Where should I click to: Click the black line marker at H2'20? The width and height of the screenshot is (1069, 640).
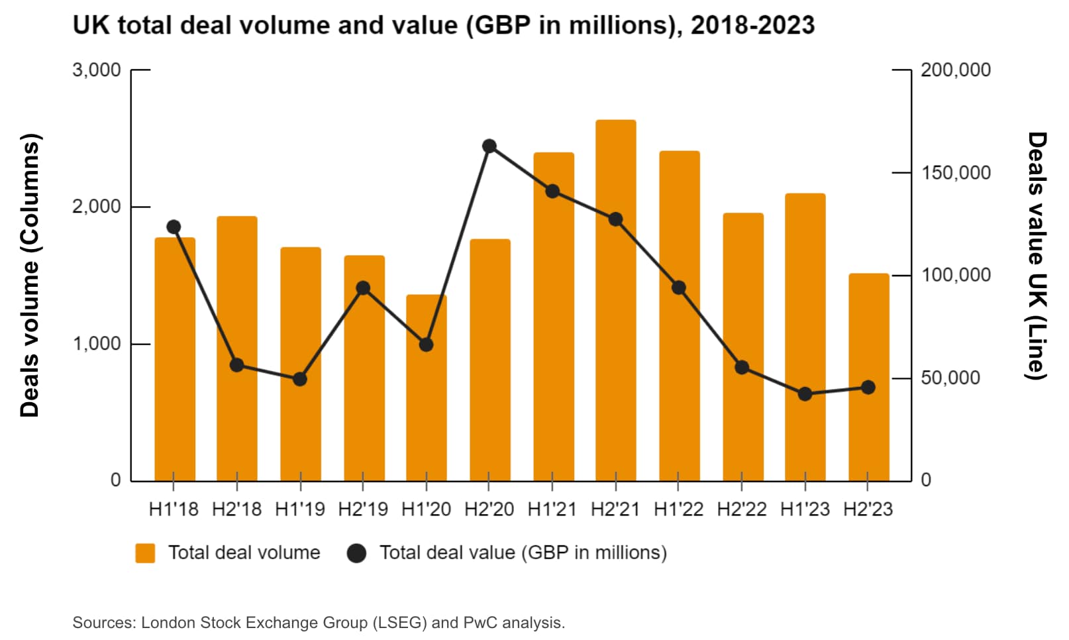489,146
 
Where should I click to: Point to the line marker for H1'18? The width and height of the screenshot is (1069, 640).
174,227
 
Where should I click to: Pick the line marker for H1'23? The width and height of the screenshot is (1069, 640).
805,394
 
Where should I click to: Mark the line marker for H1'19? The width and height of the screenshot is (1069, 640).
300,379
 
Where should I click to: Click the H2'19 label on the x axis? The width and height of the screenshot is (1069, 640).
363,509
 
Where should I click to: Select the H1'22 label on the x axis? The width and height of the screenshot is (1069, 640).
678,509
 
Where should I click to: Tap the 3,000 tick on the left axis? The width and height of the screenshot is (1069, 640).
97,70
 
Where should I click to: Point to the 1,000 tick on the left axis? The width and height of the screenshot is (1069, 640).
97,343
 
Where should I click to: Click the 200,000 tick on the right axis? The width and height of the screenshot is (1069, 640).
955,70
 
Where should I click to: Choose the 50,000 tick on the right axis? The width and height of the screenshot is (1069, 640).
950,378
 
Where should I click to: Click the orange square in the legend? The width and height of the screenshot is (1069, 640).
145,553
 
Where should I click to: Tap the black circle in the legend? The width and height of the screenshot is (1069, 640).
356,553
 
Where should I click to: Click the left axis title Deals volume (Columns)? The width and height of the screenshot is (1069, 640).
30,275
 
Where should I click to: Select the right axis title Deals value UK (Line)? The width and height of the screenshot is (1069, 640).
1036,256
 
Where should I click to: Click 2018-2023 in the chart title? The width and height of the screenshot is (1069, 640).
752,25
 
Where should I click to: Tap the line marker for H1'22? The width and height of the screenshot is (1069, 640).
678,288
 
